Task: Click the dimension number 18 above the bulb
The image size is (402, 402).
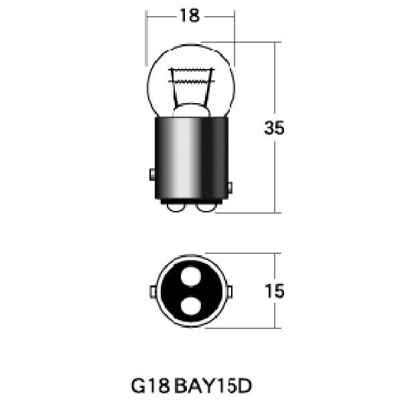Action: [x=190, y=15]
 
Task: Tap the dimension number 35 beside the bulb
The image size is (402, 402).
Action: [x=274, y=128]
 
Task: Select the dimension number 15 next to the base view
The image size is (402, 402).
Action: [x=274, y=291]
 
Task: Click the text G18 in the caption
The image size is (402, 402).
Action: [x=150, y=386]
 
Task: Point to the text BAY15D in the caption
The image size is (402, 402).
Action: [x=213, y=386]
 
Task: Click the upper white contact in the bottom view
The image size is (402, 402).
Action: [x=191, y=276]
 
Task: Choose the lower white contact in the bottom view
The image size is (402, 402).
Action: [x=191, y=306]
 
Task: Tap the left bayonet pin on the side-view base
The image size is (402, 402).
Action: [x=152, y=174]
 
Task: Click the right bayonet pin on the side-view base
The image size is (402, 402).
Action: [x=230, y=188]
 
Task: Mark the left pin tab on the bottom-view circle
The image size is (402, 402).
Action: [x=153, y=292]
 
